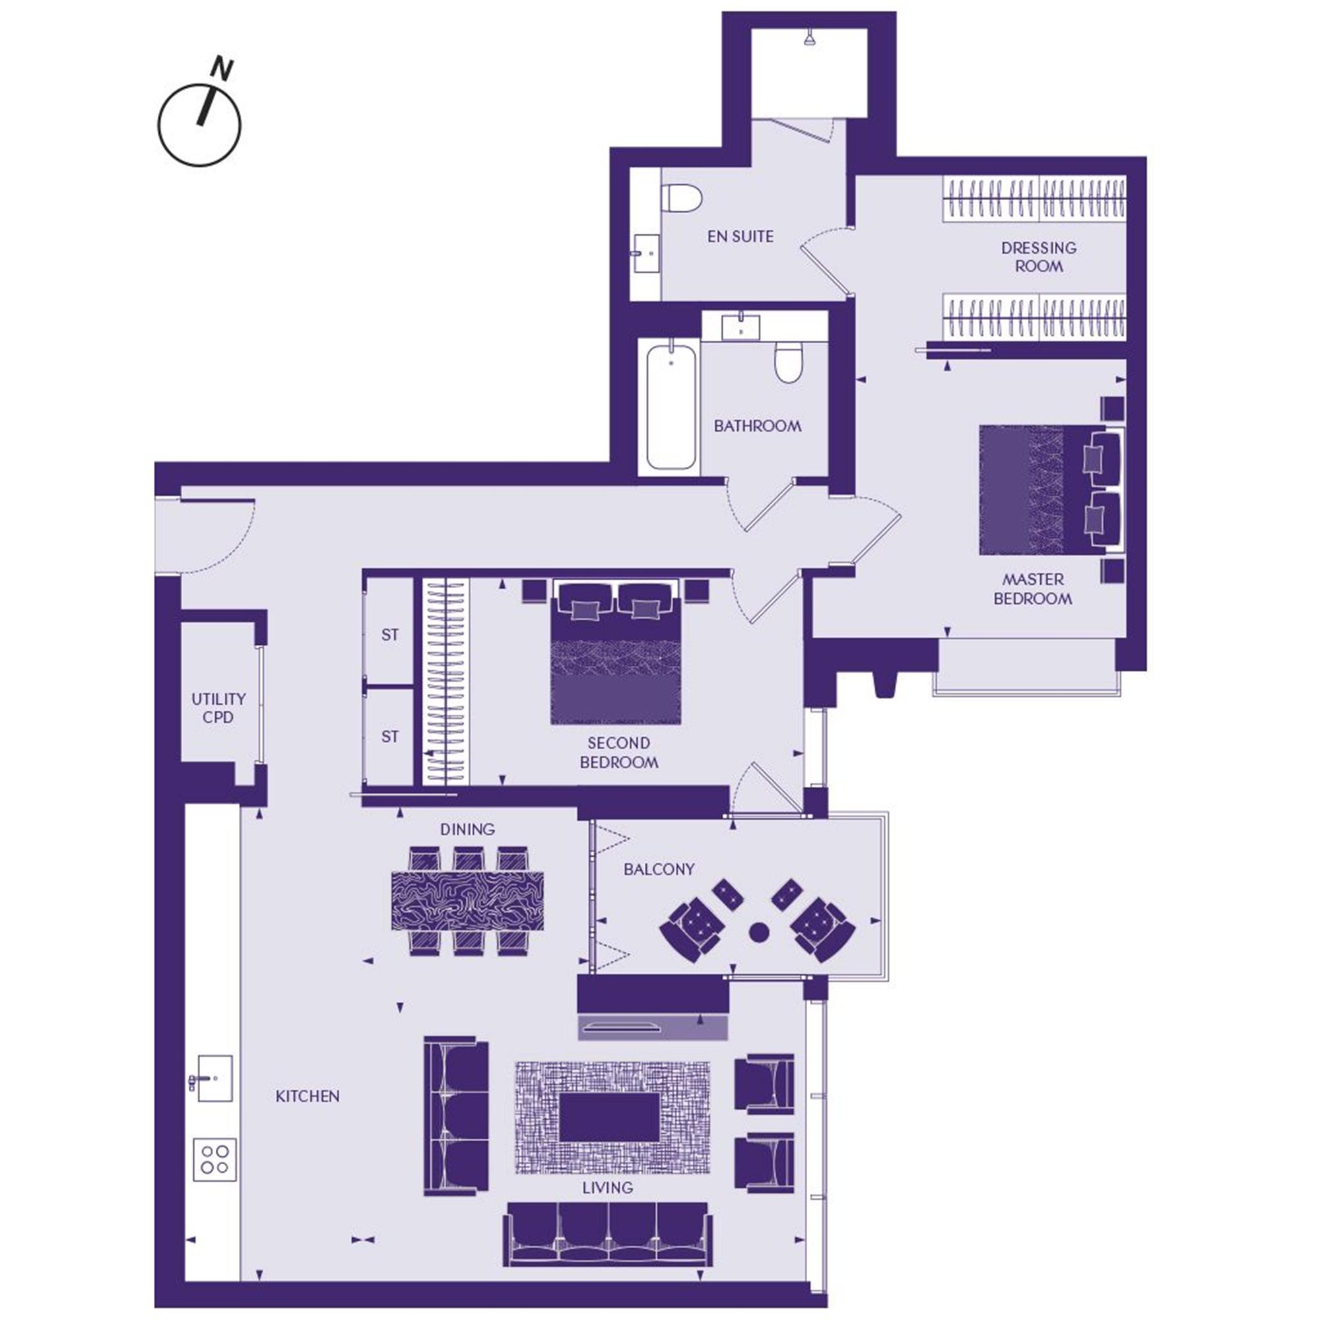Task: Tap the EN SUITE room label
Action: point(741,236)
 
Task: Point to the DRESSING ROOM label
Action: point(1038,257)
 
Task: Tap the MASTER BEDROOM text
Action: point(1032,589)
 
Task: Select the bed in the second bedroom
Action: point(616,652)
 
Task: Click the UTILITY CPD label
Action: point(218,708)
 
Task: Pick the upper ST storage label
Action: point(389,635)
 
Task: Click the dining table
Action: point(467,900)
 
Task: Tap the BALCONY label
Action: point(659,869)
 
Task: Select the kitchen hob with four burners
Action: point(214,1160)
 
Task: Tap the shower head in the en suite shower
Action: point(809,39)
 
